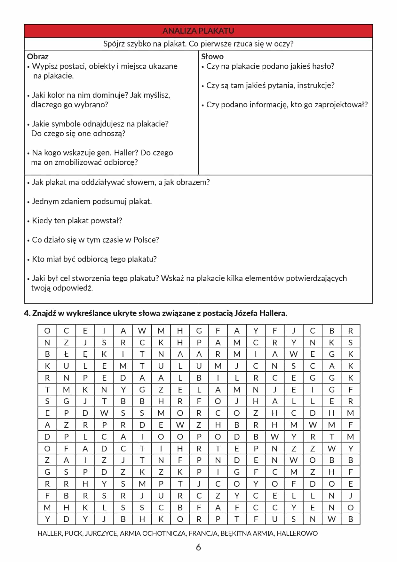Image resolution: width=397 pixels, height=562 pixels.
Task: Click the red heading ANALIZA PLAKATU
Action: pyautogui.click(x=198, y=31)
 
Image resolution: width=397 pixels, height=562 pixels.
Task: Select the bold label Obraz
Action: pyautogui.click(x=37, y=56)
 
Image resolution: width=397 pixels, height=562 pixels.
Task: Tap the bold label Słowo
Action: pyautogui.click(x=212, y=56)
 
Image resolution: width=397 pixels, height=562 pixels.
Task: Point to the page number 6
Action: pyautogui.click(x=198, y=547)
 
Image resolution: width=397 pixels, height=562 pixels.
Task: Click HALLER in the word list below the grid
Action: pyautogui.click(x=50, y=533)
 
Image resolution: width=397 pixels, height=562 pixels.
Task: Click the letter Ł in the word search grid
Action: pyautogui.click(x=66, y=354)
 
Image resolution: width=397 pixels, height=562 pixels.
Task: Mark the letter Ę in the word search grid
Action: pyautogui.click(x=85, y=354)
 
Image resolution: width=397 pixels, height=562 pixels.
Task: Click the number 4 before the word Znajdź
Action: pyautogui.click(x=26, y=313)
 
